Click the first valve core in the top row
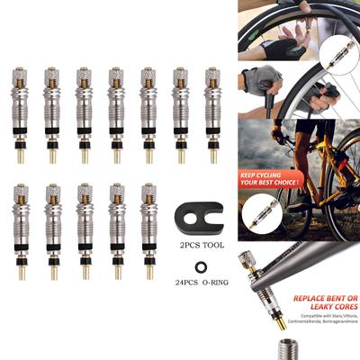(20, 113)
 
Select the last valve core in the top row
(212, 113)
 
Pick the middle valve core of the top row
(116, 113)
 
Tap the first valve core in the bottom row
(20, 230)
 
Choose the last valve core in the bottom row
(149, 230)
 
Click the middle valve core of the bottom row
(84, 230)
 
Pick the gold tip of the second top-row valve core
(52, 156)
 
